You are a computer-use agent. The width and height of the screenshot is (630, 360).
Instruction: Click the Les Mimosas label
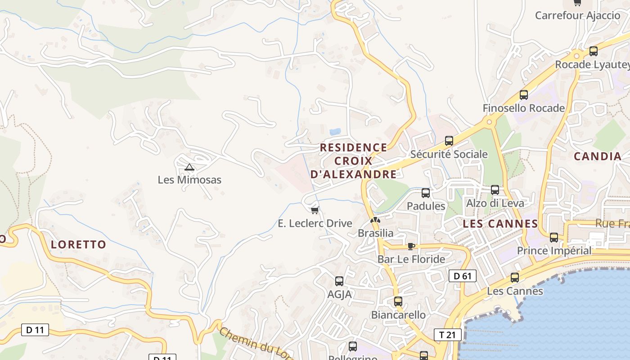click(189, 180)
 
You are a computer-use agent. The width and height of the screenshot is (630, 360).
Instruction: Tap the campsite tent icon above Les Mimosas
click(189, 167)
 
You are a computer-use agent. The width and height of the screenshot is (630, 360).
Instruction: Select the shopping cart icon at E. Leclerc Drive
click(315, 210)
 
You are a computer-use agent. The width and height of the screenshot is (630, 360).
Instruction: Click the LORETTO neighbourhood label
click(78, 245)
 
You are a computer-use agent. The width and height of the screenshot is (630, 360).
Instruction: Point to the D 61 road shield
click(462, 276)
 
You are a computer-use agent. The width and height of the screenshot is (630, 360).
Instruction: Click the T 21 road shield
click(447, 334)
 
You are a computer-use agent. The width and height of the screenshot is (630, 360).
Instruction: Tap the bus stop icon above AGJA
click(339, 281)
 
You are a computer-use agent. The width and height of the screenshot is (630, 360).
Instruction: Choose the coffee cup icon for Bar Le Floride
click(411, 246)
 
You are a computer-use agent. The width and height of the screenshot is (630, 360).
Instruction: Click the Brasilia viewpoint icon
click(375, 220)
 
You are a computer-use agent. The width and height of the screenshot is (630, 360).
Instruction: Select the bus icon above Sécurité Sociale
click(449, 140)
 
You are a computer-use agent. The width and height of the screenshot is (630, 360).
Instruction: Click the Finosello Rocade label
click(523, 108)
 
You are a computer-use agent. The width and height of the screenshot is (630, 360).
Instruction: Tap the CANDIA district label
click(598, 157)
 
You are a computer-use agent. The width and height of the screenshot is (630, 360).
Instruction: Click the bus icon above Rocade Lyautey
click(593, 51)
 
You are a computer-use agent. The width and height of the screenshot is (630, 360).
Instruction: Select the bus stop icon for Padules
click(425, 193)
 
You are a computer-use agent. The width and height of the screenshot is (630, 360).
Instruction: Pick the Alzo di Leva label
click(495, 203)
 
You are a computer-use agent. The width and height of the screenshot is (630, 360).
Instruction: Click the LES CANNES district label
click(500, 224)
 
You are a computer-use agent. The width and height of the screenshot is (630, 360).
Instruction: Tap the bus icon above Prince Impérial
click(553, 238)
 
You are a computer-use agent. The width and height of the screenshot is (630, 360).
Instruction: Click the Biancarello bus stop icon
click(398, 301)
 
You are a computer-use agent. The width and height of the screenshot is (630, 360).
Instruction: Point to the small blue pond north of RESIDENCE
click(335, 132)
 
